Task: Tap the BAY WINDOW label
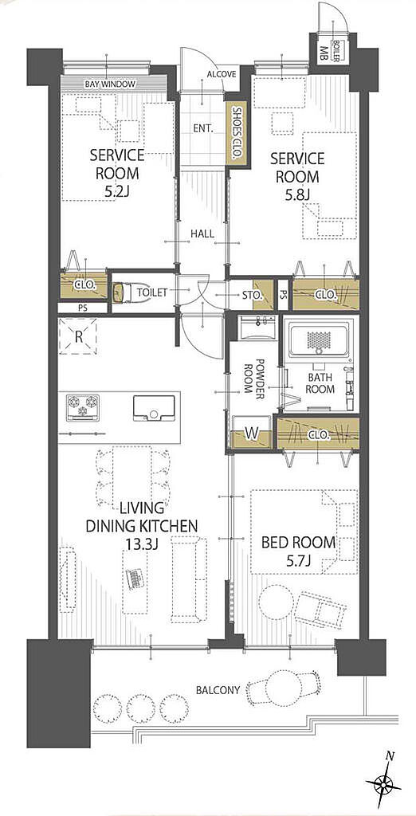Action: (111, 84)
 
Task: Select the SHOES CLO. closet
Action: (237, 133)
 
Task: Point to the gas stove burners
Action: (82, 406)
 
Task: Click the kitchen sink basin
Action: (154, 407)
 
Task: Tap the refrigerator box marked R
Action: (79, 335)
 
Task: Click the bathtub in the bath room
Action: (319, 341)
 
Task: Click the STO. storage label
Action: (252, 295)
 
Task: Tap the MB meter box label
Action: (324, 53)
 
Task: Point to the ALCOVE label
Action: (222, 74)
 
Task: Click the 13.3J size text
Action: (141, 544)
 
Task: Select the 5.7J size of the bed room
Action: (298, 560)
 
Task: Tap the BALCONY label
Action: (218, 691)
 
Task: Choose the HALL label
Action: (202, 234)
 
